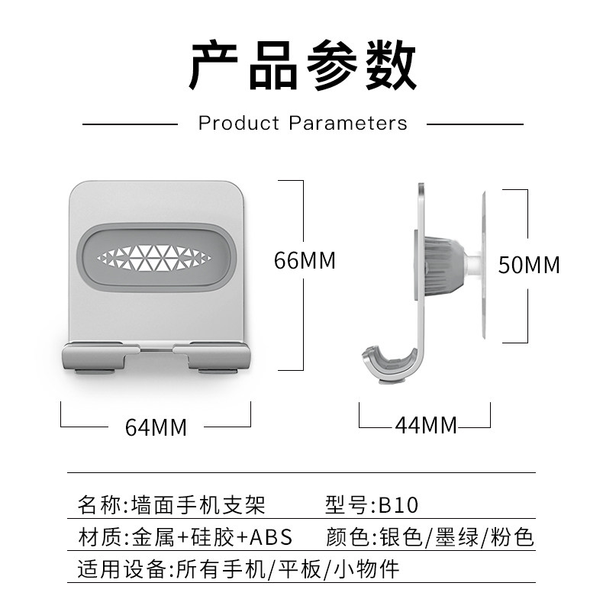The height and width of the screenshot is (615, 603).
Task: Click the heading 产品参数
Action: (302, 67)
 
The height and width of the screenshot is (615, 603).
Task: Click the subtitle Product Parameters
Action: (302, 123)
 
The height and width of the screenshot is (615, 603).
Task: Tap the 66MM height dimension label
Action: (305, 261)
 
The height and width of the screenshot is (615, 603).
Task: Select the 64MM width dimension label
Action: (156, 427)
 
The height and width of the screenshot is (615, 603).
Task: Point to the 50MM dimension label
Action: (529, 265)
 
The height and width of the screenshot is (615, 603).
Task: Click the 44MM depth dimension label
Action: (425, 425)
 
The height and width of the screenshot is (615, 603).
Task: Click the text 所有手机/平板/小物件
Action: (286, 569)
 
